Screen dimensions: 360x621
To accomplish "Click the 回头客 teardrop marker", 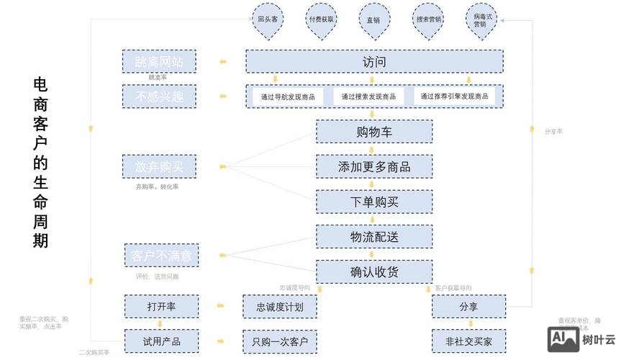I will [268, 20].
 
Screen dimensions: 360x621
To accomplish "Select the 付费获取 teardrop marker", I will [321, 20].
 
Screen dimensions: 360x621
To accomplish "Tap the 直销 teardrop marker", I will [373, 20].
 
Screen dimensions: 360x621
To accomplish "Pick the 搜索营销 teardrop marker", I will [428, 20].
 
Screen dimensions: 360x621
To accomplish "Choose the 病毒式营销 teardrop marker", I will [480, 20].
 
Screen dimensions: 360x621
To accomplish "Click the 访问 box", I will [374, 62].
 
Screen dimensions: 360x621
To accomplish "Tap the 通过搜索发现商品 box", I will [368, 96].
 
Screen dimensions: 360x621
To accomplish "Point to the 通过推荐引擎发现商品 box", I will [454, 96].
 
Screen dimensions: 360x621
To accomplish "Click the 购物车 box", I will [374, 132].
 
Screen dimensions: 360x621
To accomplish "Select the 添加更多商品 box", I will [374, 166].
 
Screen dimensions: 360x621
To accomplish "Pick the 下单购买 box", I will [374, 202].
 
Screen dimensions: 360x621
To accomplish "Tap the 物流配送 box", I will [374, 237].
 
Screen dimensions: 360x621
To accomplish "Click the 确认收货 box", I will [374, 271].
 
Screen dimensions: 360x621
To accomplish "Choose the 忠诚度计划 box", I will [280, 307].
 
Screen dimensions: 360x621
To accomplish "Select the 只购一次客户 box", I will [280, 341].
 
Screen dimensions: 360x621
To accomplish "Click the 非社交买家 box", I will [468, 341].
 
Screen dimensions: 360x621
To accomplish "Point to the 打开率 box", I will [161, 307].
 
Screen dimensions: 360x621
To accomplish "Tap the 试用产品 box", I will [161, 341].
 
